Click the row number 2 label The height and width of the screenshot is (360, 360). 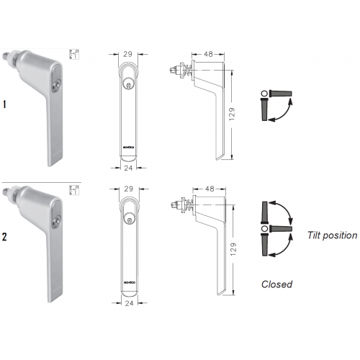(5, 235)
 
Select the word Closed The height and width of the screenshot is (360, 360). (276, 284)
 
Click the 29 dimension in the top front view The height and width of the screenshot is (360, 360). (128, 54)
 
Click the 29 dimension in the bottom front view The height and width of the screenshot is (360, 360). (128, 188)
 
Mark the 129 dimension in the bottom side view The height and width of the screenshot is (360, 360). (231, 248)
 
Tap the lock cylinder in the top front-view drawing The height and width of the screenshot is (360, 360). (128, 84)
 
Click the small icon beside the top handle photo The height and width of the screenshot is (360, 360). (72, 53)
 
